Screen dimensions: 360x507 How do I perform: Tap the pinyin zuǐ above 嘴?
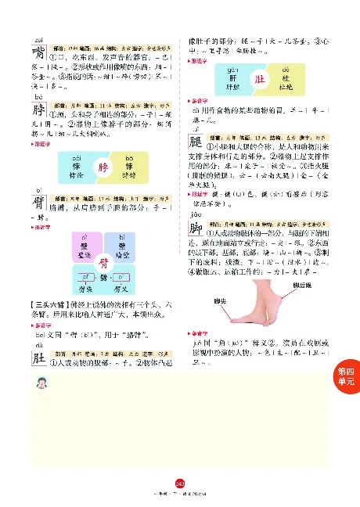click(x=37, y=39)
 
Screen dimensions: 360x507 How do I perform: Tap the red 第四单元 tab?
click(x=345, y=377)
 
